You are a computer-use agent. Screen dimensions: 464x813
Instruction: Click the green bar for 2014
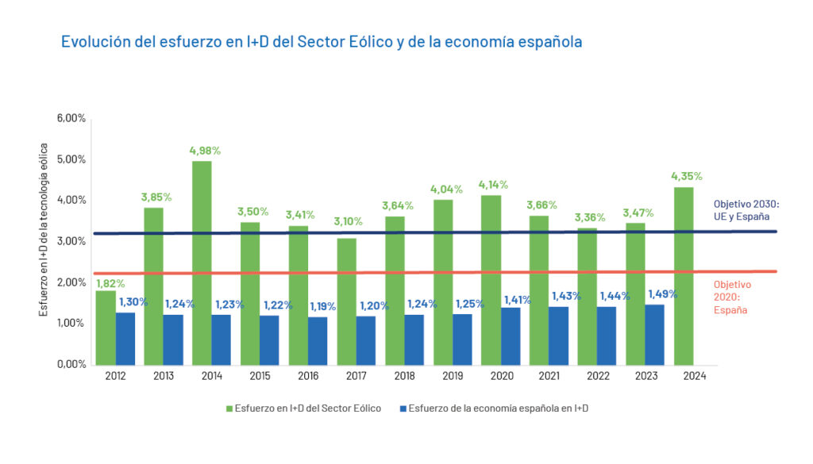(201, 263)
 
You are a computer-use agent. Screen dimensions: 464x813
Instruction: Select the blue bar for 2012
(125, 338)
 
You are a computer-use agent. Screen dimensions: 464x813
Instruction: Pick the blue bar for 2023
(654, 334)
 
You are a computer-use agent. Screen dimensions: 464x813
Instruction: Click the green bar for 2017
(346, 301)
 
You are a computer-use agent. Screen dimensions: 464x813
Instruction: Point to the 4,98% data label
(205, 151)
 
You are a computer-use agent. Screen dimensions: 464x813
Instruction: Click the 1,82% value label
(110, 283)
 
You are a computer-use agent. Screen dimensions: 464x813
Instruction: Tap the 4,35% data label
(687, 176)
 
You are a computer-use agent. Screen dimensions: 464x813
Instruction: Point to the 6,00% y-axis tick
(71, 118)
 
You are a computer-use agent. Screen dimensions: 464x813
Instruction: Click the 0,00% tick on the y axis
(71, 365)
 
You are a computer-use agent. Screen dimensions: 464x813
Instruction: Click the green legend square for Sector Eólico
(229, 408)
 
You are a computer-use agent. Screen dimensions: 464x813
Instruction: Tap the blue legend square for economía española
(404, 408)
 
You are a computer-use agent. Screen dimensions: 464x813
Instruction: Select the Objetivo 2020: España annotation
(731, 297)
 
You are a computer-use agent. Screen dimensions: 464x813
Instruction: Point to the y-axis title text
(44, 230)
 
